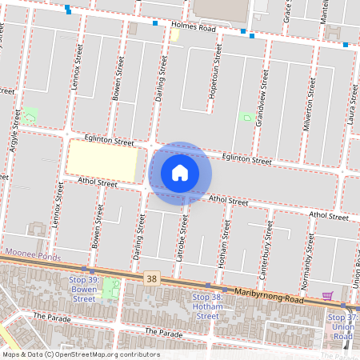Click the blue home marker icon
click(x=180, y=173)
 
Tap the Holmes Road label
click(x=194, y=27)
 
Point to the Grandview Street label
click(x=262, y=89)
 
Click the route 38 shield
click(x=152, y=278)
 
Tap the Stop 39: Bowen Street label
click(x=82, y=289)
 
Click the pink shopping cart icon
click(x=327, y=295)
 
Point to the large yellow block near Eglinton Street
click(x=102, y=161)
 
